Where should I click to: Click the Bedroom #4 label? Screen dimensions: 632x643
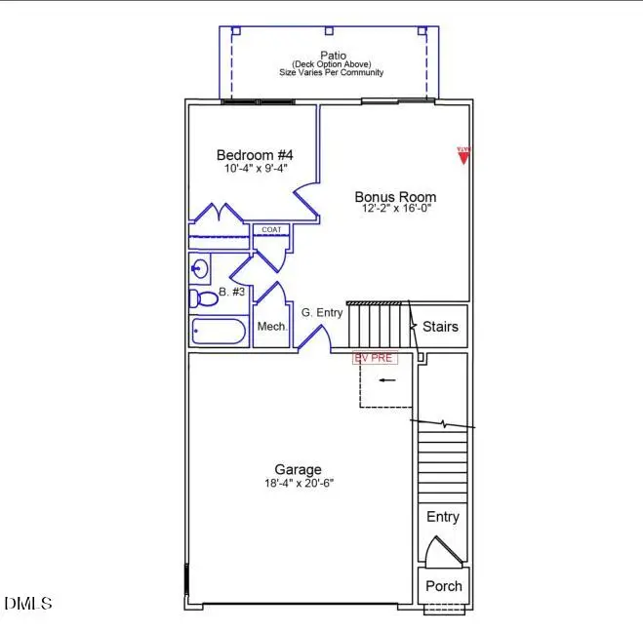click(254, 155)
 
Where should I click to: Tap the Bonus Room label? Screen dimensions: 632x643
click(395, 196)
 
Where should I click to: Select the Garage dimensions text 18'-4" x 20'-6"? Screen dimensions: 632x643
click(298, 483)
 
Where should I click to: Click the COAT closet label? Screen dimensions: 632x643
click(270, 230)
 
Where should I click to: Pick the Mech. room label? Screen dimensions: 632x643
click(272, 327)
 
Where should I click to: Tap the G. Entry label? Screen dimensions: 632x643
click(322, 312)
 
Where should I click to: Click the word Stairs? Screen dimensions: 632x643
click(440, 328)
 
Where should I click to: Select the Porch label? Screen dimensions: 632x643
click(443, 586)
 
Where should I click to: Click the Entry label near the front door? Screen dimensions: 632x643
click(443, 517)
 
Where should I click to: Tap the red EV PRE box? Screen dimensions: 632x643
click(375, 358)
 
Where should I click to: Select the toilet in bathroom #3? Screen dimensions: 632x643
click(203, 297)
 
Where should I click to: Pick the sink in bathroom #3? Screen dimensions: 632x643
click(200, 267)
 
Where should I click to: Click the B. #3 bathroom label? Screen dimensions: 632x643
click(232, 292)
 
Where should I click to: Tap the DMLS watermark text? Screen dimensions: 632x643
click(28, 604)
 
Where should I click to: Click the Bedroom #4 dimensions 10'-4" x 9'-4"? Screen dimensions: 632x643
click(254, 169)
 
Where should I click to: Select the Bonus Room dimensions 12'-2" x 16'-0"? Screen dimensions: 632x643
click(395, 209)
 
